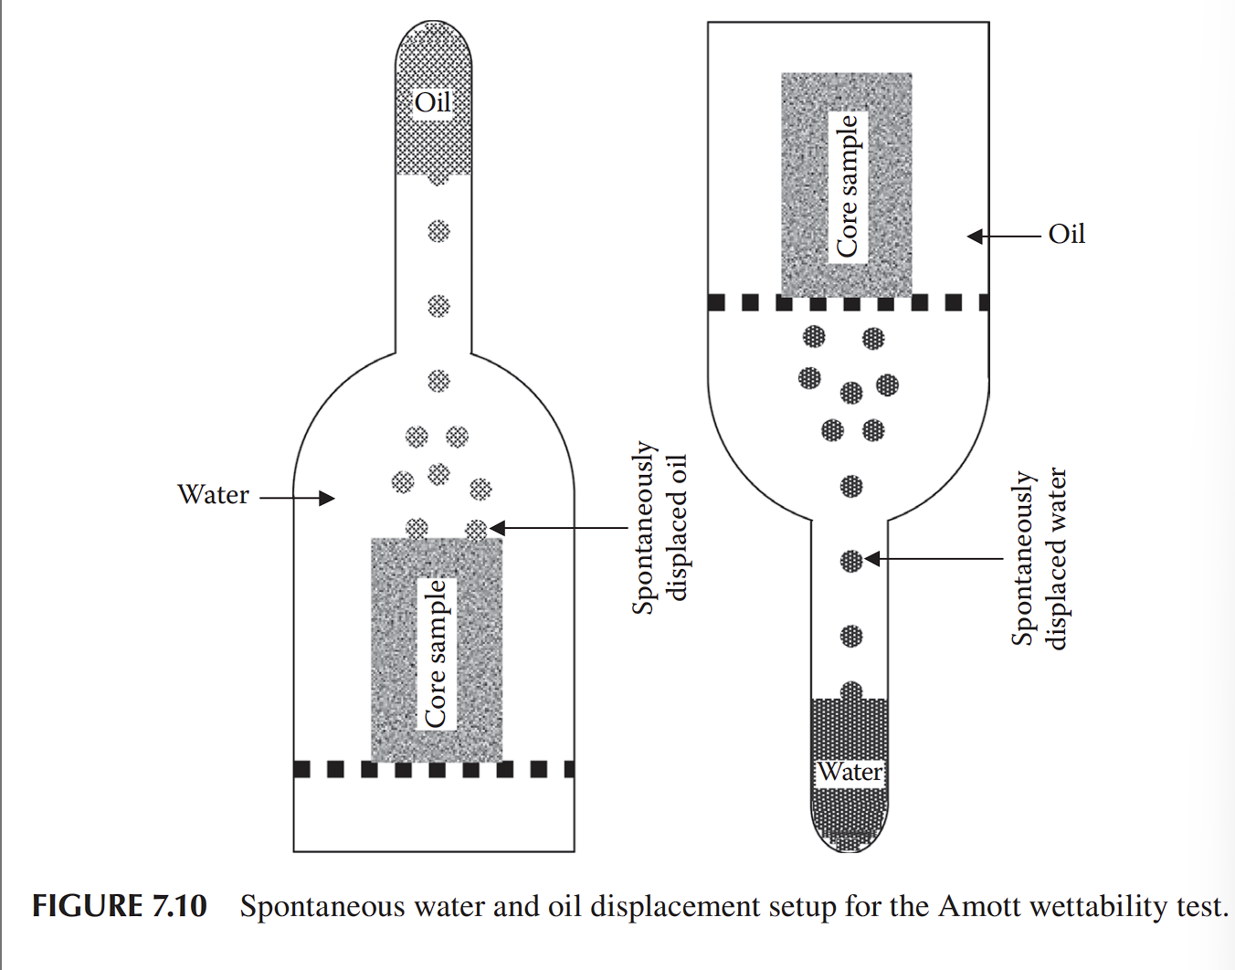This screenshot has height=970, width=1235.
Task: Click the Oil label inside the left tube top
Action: [x=433, y=102]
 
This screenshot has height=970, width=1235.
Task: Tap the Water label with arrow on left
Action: [x=214, y=495]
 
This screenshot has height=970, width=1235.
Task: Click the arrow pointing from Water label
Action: [x=297, y=498]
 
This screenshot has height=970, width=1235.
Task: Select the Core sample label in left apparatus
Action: [x=437, y=653]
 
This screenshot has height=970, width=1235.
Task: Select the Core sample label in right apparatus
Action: [x=848, y=185]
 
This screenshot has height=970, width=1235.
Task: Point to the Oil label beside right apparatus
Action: [x=1066, y=235]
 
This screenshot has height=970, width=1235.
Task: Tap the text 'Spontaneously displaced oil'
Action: [x=659, y=528]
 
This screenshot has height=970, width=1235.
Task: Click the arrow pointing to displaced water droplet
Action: [x=934, y=558]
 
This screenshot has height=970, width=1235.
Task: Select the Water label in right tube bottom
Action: [x=850, y=772]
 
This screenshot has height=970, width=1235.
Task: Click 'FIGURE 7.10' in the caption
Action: [x=120, y=906]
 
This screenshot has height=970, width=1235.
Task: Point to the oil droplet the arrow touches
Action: [x=476, y=530]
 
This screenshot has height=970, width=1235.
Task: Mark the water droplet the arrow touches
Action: [x=851, y=560]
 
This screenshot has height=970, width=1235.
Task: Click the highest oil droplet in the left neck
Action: [x=438, y=231]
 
